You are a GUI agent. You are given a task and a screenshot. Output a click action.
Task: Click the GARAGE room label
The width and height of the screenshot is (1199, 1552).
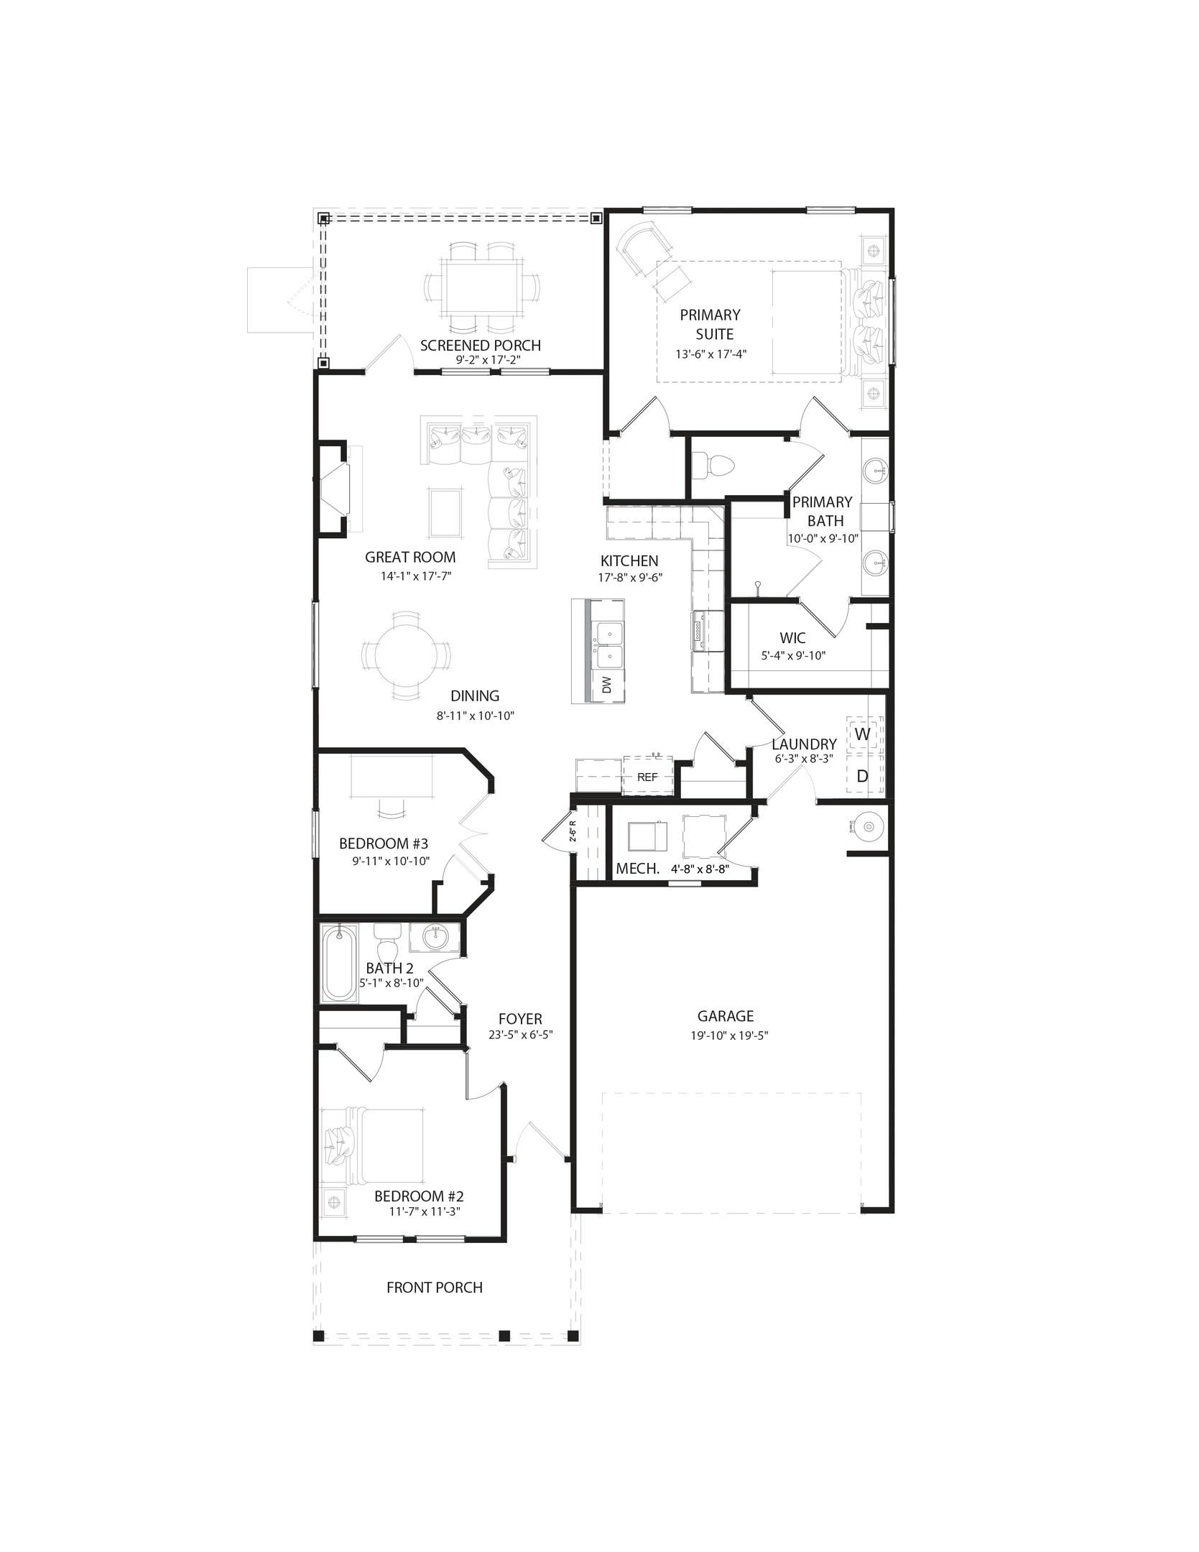(726, 1016)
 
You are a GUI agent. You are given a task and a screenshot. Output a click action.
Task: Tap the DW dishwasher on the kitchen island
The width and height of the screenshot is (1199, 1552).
(607, 685)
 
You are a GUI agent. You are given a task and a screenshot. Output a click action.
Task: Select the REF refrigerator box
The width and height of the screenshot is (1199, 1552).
(647, 777)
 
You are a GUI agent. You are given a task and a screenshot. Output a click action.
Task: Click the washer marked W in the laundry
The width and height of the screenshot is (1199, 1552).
(863, 734)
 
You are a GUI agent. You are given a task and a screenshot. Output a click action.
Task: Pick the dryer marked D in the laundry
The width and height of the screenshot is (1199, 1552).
(863, 776)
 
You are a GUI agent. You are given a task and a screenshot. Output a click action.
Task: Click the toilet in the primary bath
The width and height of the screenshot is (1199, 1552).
(716, 465)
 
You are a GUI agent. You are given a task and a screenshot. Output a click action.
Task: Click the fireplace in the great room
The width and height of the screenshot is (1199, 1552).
(333, 489)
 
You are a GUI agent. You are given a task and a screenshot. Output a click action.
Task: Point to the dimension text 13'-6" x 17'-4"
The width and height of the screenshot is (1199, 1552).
(711, 354)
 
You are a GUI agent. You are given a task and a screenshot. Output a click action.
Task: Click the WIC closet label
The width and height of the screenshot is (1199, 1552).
(792, 638)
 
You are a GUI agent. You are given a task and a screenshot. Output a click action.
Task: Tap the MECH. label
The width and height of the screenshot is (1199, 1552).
(637, 869)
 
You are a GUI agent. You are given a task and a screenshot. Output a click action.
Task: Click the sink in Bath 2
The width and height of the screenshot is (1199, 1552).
(435, 938)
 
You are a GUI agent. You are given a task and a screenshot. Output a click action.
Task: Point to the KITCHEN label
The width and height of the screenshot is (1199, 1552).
(629, 561)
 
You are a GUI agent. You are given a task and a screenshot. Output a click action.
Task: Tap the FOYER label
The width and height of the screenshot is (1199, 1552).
(520, 1019)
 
